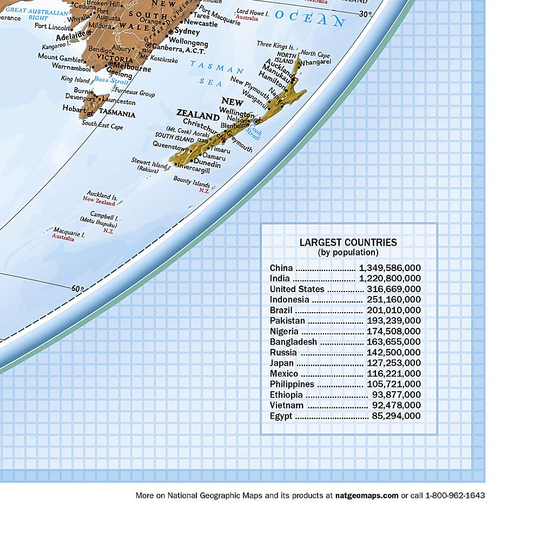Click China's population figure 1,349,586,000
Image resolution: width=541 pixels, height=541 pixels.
tap(390, 268)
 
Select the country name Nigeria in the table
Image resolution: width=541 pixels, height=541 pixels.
tap(284, 331)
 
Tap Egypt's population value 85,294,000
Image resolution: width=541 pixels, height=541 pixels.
tap(396, 416)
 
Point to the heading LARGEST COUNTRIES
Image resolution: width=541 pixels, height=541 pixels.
tap(348, 242)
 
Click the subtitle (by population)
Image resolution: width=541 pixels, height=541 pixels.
tap(348, 252)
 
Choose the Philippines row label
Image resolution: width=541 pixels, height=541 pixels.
tap(292, 384)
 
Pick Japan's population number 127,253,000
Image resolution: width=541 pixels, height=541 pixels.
tap(393, 363)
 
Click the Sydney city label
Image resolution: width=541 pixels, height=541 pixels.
tap(187, 32)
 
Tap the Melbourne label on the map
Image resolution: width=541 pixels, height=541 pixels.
tap(133, 69)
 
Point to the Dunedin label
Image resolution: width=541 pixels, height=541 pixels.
tap(207, 164)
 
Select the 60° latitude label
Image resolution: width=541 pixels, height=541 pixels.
tap(79, 288)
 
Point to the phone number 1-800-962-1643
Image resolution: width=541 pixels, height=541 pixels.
tap(455, 495)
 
